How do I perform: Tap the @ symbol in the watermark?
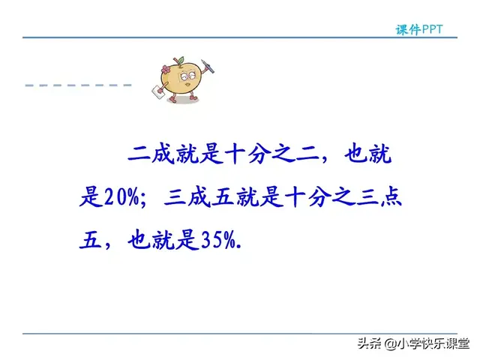click(x=382, y=345)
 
